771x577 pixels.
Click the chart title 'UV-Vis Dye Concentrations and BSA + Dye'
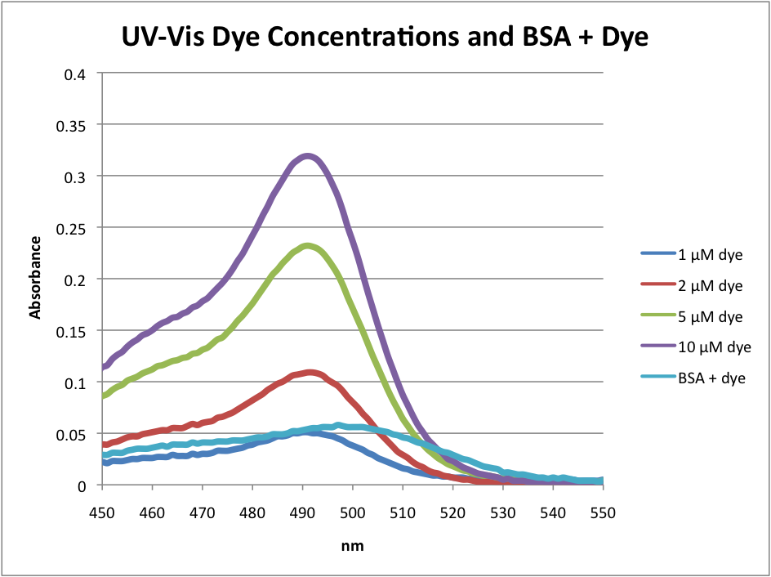385,38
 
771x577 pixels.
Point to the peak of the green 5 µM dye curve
306,245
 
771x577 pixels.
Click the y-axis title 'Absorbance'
35,278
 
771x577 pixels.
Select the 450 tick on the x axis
103,512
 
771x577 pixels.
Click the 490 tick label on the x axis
303,512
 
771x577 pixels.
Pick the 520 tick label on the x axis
453,512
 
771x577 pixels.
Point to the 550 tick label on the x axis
603,512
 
